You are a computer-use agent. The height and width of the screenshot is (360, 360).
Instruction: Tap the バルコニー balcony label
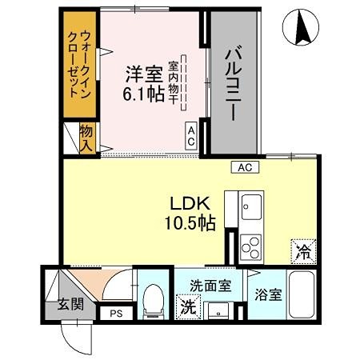[234, 84]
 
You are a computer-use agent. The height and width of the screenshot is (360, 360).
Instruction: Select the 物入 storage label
[86, 137]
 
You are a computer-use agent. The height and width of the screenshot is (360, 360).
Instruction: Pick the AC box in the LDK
[245, 167]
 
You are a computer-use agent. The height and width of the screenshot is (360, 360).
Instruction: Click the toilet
[150, 299]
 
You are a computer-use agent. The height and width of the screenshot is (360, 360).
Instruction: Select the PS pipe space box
[115, 314]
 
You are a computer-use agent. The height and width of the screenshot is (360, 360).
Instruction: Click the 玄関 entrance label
[70, 304]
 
